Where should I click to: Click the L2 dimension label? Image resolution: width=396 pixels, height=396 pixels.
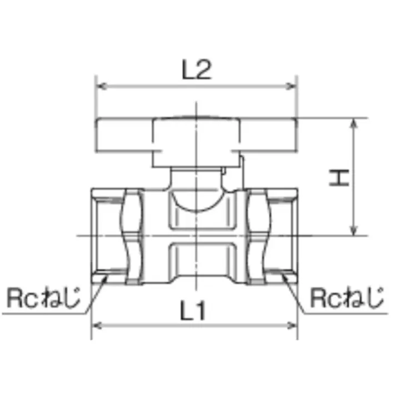point(197,71)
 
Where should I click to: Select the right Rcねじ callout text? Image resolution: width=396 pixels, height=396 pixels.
point(347,298)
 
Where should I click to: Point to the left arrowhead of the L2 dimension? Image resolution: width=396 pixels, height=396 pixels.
point(101,87)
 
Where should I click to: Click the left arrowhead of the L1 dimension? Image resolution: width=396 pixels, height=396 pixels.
point(95,324)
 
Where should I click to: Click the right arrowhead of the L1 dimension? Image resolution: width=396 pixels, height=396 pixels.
point(294,324)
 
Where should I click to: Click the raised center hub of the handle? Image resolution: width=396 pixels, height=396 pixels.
point(196,141)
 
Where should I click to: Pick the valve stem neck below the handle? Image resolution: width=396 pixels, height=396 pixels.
point(196,178)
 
